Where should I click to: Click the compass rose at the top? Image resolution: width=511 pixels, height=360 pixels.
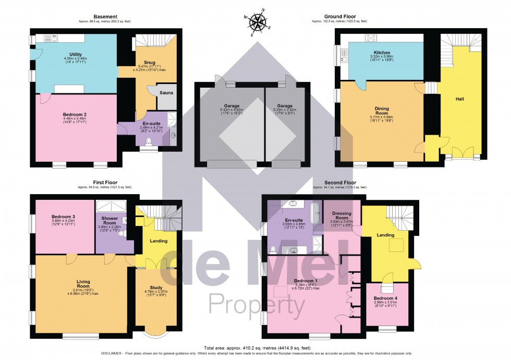pos(258,22)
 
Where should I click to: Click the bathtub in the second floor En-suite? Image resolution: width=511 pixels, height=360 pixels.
pos(314,213)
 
